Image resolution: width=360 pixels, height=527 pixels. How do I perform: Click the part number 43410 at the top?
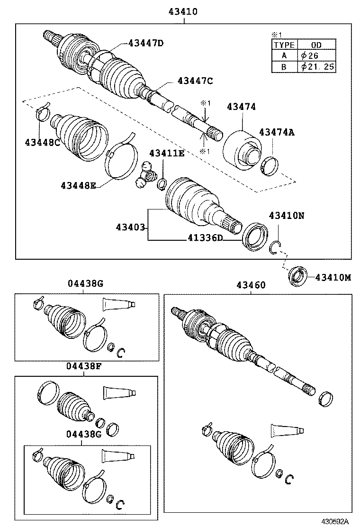click(182, 10)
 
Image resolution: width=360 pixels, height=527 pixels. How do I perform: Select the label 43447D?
click(145, 44)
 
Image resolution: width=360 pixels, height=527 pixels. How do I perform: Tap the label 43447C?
click(195, 81)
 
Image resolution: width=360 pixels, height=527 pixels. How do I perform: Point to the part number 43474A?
click(277, 133)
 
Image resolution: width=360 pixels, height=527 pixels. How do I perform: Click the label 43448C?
click(43, 142)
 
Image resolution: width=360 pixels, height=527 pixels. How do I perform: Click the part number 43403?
click(130, 227)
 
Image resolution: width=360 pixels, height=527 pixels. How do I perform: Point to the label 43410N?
click(287, 216)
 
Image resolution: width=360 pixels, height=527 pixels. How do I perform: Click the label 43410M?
click(333, 277)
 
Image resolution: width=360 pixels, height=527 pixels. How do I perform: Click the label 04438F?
click(84, 366)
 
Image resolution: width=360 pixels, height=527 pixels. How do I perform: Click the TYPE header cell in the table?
click(284, 45)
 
